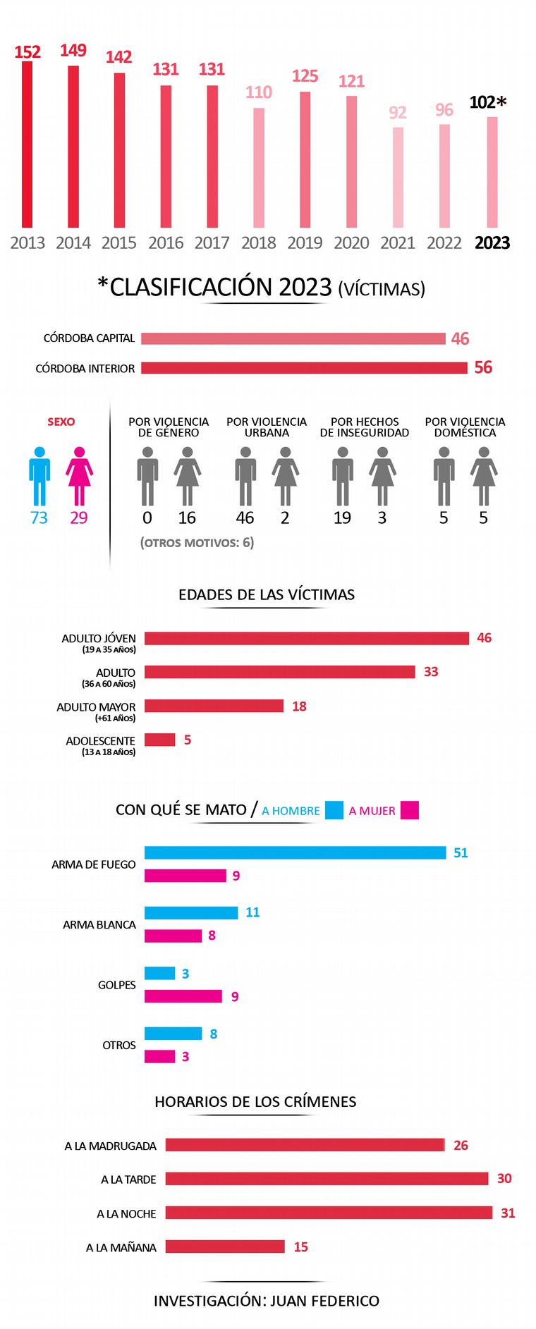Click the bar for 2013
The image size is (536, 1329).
click(x=27, y=145)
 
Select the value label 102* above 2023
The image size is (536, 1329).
click(x=487, y=102)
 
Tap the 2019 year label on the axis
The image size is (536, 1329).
click(x=305, y=243)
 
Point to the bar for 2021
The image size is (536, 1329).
click(x=398, y=177)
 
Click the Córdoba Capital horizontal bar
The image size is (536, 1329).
click(x=293, y=338)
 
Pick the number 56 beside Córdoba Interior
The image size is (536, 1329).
click(x=483, y=367)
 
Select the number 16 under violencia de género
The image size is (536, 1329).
click(x=187, y=517)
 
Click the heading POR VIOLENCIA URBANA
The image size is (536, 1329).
click(x=267, y=427)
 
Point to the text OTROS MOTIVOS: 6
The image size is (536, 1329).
click(x=197, y=542)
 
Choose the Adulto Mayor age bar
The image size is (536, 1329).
click(x=214, y=706)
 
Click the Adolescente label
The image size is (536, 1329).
click(x=100, y=741)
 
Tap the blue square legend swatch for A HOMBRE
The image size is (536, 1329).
click(x=334, y=810)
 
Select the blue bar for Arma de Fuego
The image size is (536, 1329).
click(x=295, y=852)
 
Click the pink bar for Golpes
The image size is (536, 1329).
click(x=183, y=996)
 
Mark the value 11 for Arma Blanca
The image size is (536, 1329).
click(x=252, y=912)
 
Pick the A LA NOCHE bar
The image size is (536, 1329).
click(x=329, y=1213)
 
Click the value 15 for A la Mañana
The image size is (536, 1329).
click(x=300, y=1247)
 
